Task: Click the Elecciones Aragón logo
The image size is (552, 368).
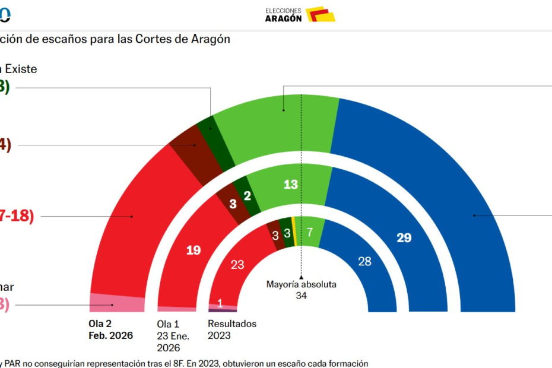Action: [x=300, y=14]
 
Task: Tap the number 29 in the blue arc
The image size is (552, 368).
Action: [x=404, y=238]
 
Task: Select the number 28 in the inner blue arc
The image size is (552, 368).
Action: [x=364, y=261]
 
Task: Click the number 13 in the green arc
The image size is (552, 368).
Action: [x=290, y=185]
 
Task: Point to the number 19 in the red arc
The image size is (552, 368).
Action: [x=193, y=250]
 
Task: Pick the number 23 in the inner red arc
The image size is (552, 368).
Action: [x=237, y=265]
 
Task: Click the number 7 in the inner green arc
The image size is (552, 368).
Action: [x=309, y=231]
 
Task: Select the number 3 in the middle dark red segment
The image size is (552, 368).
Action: [x=233, y=204]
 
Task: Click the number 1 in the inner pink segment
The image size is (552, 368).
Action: [x=220, y=303]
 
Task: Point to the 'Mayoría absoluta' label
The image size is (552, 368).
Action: [x=302, y=284]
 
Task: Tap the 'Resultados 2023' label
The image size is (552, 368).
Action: [x=232, y=329]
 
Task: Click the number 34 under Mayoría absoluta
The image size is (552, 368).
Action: [x=302, y=296]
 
